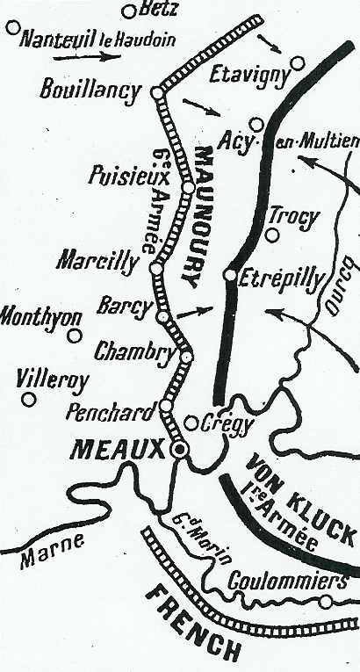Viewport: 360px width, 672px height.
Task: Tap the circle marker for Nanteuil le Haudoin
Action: (x=12, y=28)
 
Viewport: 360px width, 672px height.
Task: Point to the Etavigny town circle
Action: (x=298, y=62)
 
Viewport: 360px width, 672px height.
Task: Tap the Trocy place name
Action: (x=296, y=217)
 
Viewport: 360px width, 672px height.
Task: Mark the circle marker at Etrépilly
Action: (x=229, y=275)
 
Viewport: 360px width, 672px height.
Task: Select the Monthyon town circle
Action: (x=75, y=335)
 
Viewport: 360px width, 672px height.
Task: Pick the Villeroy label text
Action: (x=52, y=380)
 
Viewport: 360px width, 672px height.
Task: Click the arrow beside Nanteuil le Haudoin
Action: (x=87, y=56)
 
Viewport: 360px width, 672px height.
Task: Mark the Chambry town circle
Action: (x=186, y=357)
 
